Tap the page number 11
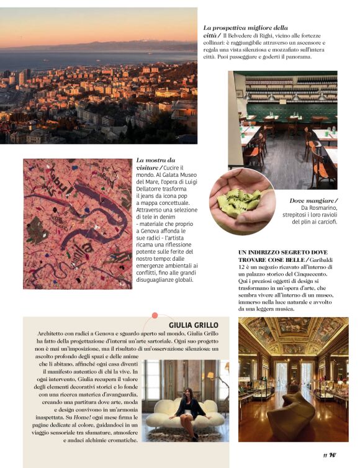point(324,455)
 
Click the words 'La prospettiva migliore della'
point(245,28)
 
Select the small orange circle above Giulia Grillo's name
point(155,315)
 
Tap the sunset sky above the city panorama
point(99,25)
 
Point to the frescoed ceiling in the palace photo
point(293,335)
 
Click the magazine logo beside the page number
point(333,455)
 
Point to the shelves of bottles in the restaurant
point(286,86)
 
